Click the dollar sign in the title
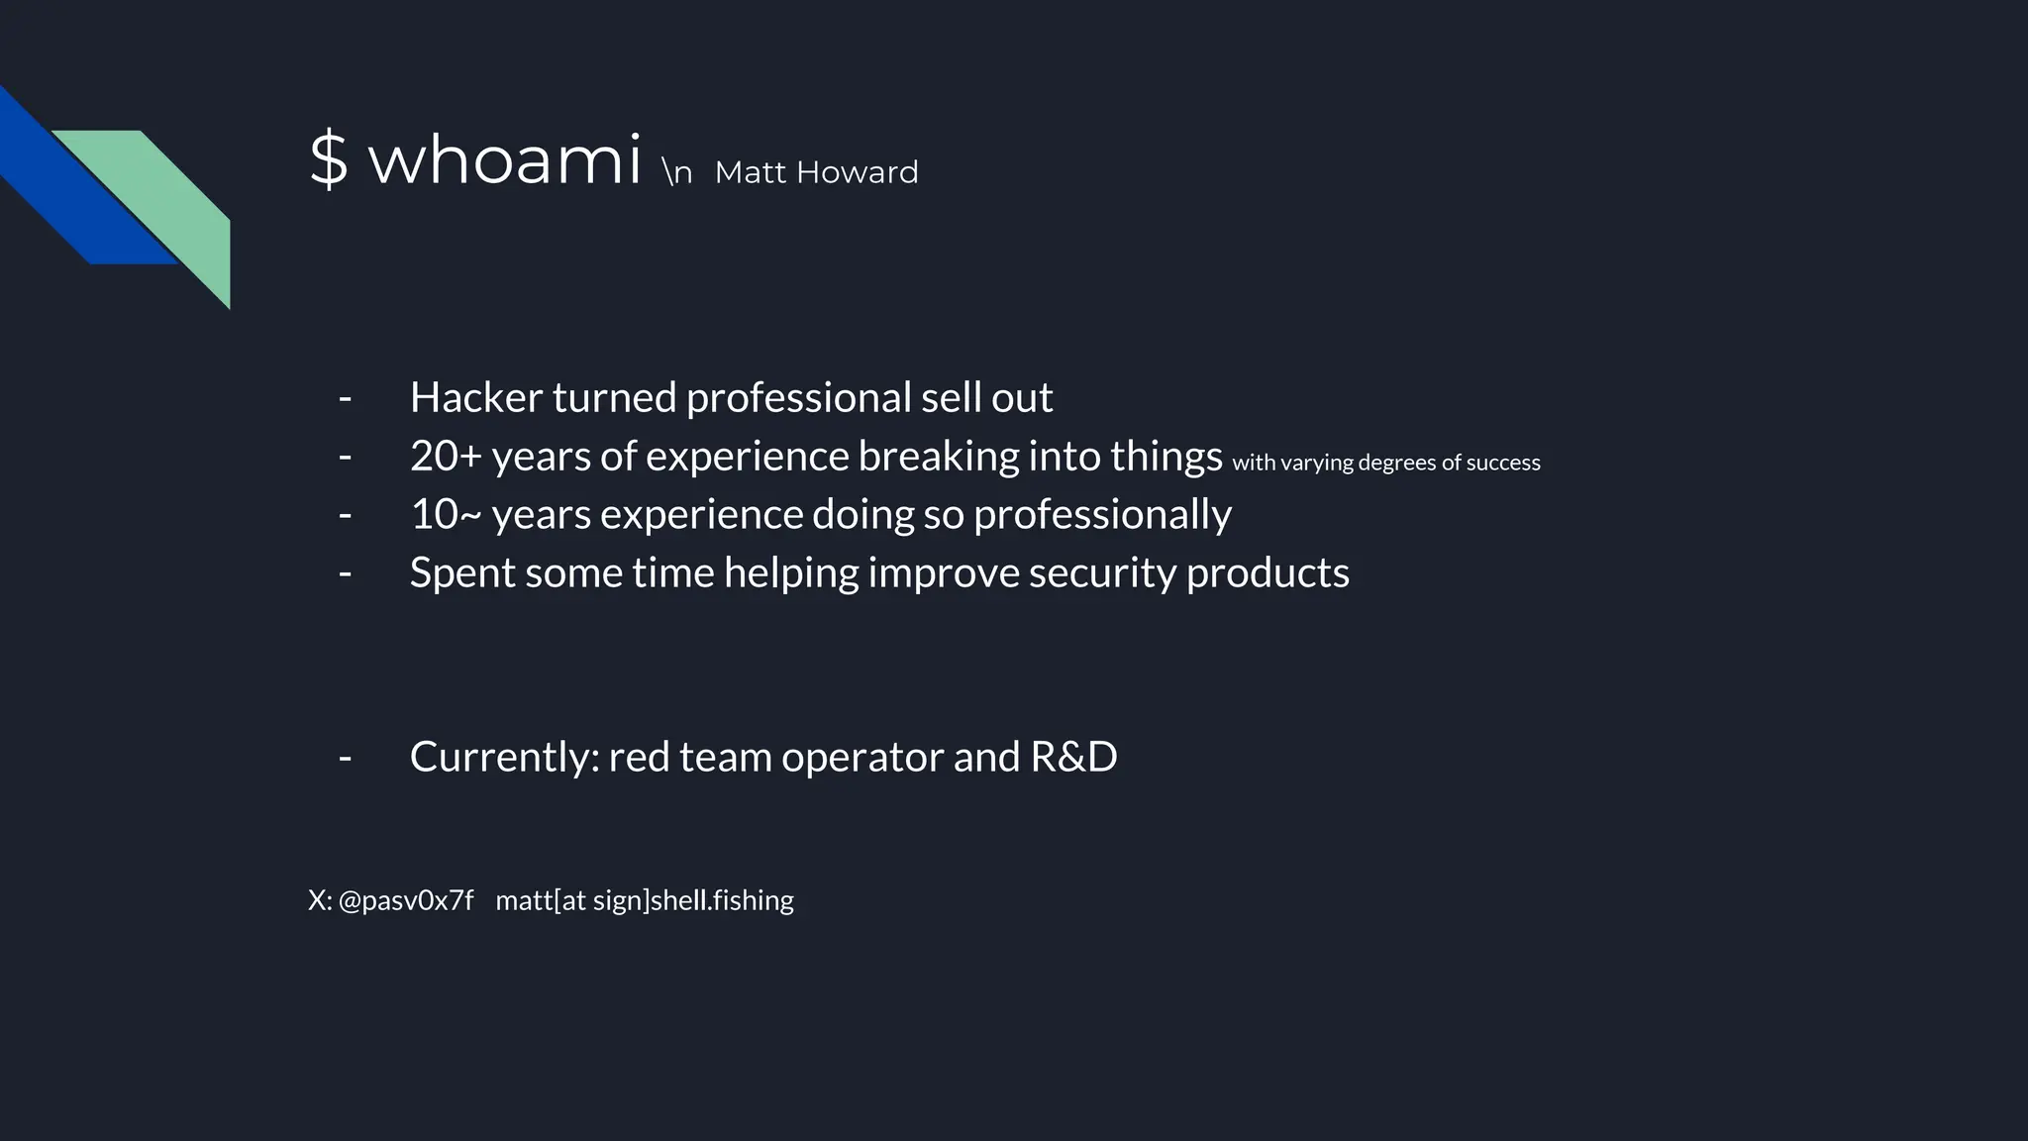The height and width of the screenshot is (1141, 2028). pos(329,159)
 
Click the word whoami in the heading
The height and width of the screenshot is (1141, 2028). pos(505,159)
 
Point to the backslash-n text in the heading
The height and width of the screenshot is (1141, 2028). pos(677,172)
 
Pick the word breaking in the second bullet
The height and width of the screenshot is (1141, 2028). pos(938,456)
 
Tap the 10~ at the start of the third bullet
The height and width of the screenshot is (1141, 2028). pos(446,514)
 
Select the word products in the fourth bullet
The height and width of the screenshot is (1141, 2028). pos(1267,572)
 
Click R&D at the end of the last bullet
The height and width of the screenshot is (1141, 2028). pos(1073,757)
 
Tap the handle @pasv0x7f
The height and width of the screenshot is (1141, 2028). pos(406,900)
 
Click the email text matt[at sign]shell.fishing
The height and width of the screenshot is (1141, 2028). pos(645,900)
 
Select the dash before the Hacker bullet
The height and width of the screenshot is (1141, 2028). pos(345,398)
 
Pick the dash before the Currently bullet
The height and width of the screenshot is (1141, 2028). pos(345,758)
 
